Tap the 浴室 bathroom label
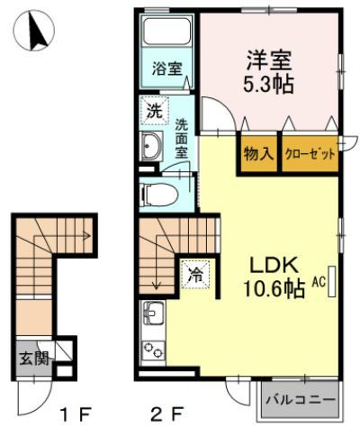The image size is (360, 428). pyautogui.click(x=166, y=68)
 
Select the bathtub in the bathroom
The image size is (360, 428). pyautogui.click(x=166, y=37)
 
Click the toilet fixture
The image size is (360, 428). pyautogui.click(x=160, y=193)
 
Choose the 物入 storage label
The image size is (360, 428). pyautogui.click(x=258, y=153)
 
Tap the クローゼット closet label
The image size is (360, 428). pyautogui.click(x=310, y=153)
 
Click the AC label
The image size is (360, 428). pyautogui.click(x=318, y=281)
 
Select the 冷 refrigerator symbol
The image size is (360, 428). pyautogui.click(x=195, y=275)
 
